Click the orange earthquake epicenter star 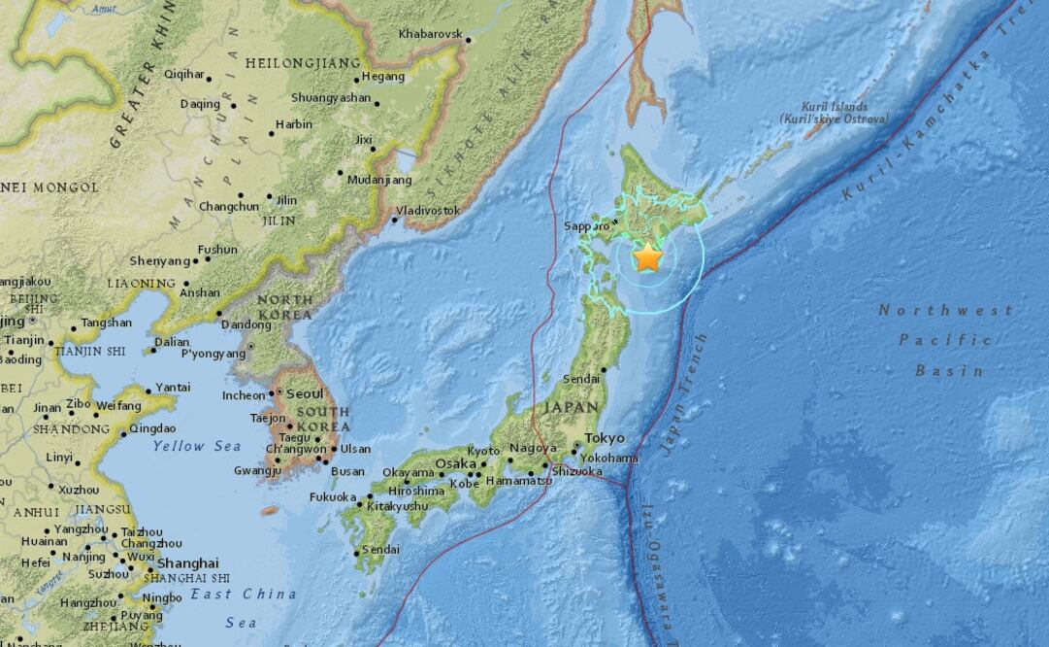(647, 257)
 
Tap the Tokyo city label (605, 438)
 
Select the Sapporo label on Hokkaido (586, 226)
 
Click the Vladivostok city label (428, 210)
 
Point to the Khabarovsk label (430, 34)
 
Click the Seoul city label (306, 394)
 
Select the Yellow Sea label (197, 446)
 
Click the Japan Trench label (683, 393)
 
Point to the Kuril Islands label (835, 113)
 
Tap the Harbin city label (293, 124)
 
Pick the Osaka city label (454, 464)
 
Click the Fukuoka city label (333, 496)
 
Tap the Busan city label (347, 472)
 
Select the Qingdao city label (152, 428)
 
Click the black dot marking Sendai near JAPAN (604, 369)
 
